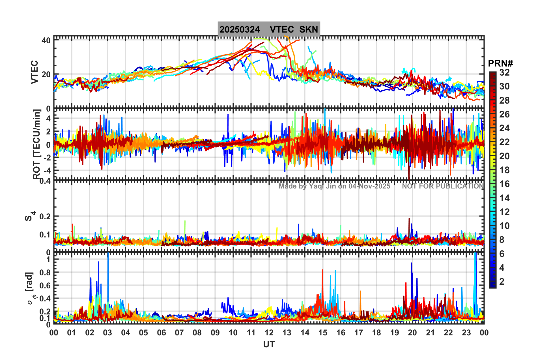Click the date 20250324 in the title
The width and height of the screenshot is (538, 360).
240,29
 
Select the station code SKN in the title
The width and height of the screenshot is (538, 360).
309,29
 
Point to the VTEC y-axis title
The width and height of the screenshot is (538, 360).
35,72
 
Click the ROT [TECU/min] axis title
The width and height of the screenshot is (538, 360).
36,144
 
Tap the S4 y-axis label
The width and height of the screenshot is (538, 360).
30,216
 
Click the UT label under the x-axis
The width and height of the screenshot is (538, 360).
269,344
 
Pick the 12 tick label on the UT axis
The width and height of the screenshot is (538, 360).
269,333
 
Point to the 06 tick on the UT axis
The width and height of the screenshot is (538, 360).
161,333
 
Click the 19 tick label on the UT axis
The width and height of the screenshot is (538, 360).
394,333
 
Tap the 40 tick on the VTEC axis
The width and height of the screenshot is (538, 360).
46,40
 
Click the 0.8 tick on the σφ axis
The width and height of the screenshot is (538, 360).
44,273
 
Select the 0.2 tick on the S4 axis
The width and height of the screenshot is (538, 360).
45,217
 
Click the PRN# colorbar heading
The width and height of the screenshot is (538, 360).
500,63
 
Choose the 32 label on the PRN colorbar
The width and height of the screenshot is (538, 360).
504,72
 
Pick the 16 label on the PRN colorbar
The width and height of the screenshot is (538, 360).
504,184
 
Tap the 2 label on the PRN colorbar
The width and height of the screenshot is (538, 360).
502,282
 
